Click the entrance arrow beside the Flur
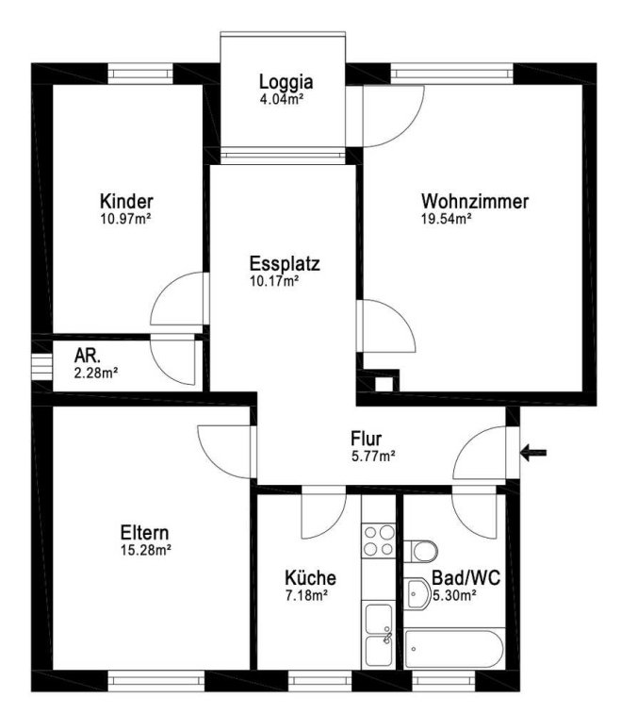pyautogui.click(x=533, y=453)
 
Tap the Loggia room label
pyautogui.click(x=286, y=82)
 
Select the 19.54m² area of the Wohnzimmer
pyautogui.click(x=446, y=219)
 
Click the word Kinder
pyautogui.click(x=126, y=201)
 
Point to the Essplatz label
pyautogui.click(x=285, y=264)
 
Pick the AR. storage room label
pyautogui.click(x=88, y=356)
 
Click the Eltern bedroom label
pyautogui.click(x=145, y=532)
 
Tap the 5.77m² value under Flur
pyautogui.click(x=373, y=456)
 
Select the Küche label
pyautogui.click(x=310, y=578)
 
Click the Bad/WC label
pyautogui.click(x=466, y=578)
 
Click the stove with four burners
pyautogui.click(x=379, y=540)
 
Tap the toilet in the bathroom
pyautogui.click(x=421, y=552)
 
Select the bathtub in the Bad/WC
pyautogui.click(x=454, y=648)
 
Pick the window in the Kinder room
pyautogui.click(x=140, y=74)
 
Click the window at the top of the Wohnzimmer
pyautogui.click(x=451, y=74)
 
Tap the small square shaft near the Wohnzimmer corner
pyautogui.click(x=384, y=384)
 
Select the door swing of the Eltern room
pyautogui.click(x=224, y=452)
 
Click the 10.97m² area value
pyautogui.click(x=125, y=219)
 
